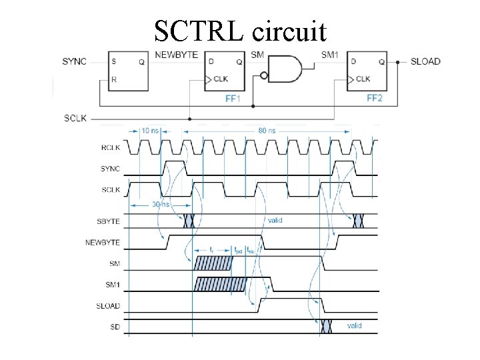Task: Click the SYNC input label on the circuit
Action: [x=75, y=61]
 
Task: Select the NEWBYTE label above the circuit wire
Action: [x=177, y=54]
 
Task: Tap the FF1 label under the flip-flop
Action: [x=233, y=99]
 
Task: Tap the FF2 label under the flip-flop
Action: [x=375, y=99]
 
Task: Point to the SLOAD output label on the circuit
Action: [x=425, y=61]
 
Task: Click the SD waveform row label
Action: [x=115, y=327]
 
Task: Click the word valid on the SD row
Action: [x=354, y=325]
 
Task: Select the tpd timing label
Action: [x=239, y=251]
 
